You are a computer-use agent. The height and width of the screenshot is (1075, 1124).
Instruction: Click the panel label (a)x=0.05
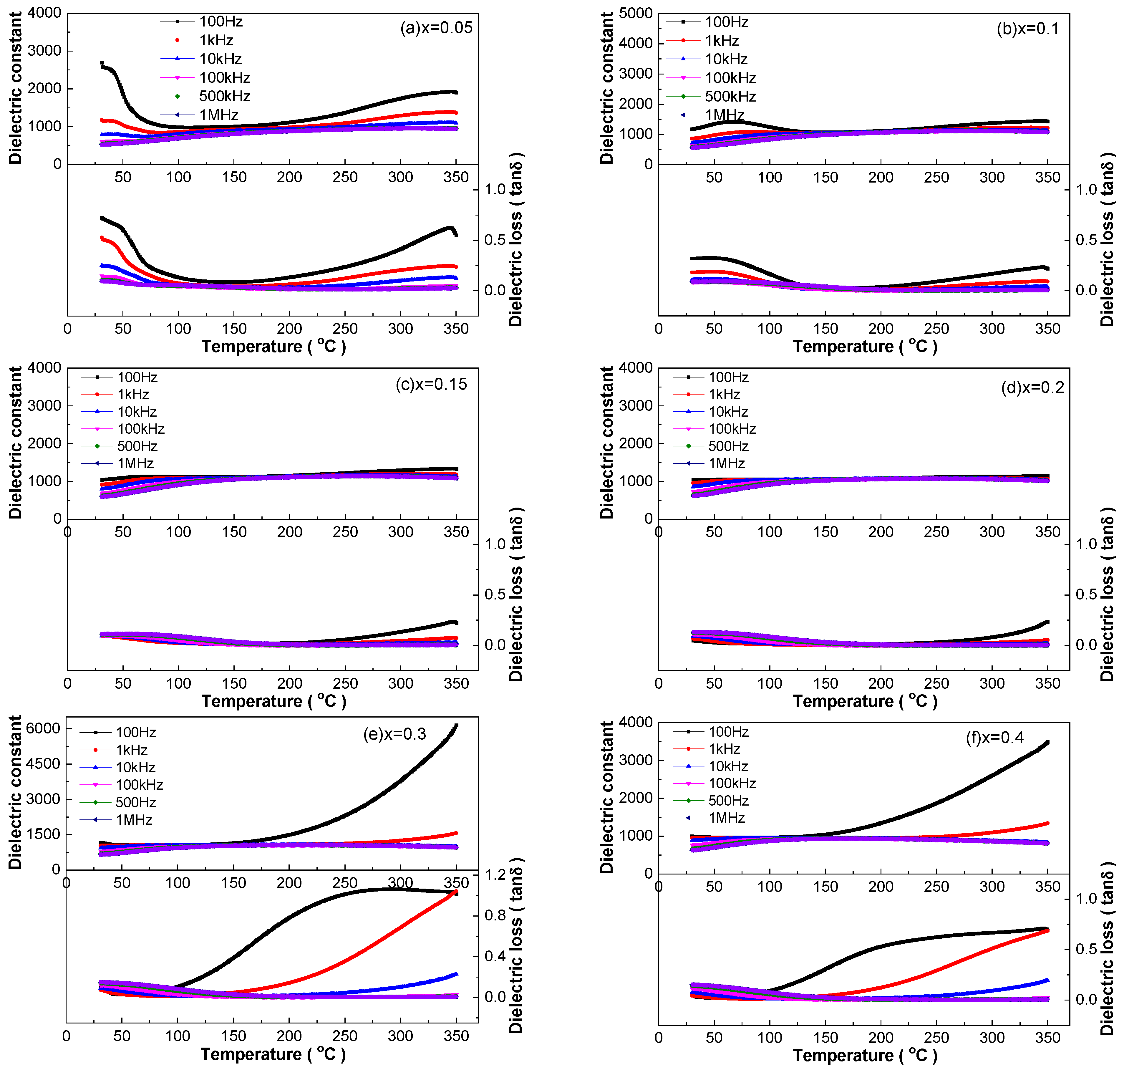(436, 27)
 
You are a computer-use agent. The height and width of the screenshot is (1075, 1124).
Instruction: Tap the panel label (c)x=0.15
(431, 384)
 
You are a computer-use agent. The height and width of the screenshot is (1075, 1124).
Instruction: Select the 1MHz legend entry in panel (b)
(705, 115)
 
